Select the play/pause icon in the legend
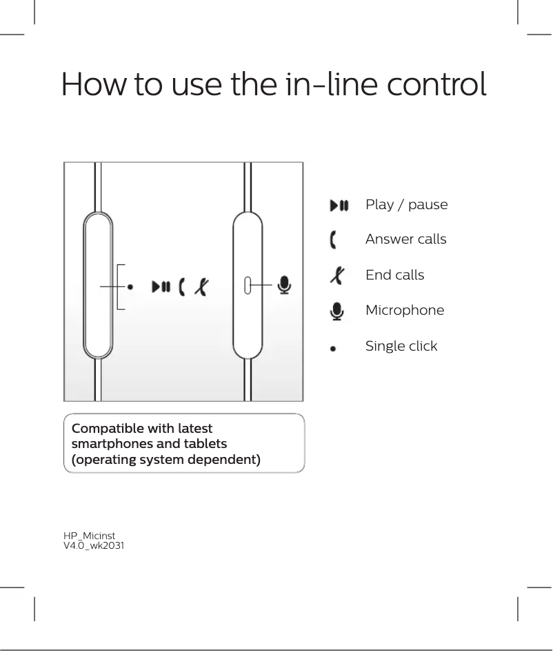point(339,205)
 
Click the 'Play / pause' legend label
point(406,205)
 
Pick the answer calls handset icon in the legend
point(334,240)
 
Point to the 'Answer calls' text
point(405,240)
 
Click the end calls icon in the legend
point(336,275)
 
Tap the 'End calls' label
point(394,275)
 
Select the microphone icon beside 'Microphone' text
point(336,311)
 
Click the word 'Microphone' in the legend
point(405,310)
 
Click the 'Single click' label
point(401,346)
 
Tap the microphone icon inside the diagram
point(283,285)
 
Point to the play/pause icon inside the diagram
point(162,286)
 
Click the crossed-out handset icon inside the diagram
point(201,286)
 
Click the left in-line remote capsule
point(98,285)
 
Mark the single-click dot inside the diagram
point(131,286)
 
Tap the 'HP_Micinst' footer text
point(90,536)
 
